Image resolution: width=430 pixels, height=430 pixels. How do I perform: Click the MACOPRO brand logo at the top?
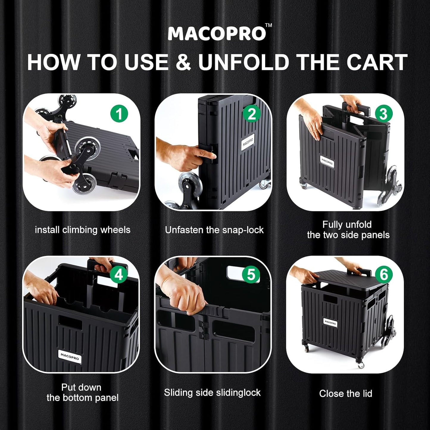[x=217, y=34]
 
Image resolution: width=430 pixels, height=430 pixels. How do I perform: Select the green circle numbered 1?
[x=119, y=114]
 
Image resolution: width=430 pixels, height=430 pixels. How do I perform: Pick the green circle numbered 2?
[x=251, y=114]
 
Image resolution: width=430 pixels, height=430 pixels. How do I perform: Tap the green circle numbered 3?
[x=383, y=114]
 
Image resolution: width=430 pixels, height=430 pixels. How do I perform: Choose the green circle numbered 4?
[x=119, y=274]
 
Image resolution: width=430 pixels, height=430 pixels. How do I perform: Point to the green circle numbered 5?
[x=251, y=274]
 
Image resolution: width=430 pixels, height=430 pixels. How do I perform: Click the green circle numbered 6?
[x=384, y=274]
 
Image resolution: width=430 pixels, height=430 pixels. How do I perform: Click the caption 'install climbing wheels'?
[x=82, y=230]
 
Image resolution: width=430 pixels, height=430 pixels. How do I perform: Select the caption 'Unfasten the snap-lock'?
[x=214, y=230]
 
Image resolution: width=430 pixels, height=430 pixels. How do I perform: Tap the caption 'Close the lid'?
[x=345, y=393]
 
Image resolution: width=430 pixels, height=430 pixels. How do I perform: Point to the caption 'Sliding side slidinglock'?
[x=212, y=393]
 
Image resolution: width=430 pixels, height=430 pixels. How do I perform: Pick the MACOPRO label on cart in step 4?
[x=70, y=356]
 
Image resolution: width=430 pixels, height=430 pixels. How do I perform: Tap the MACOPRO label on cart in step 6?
[x=330, y=322]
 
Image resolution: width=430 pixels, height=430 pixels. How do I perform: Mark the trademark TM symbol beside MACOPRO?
[x=268, y=26]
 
